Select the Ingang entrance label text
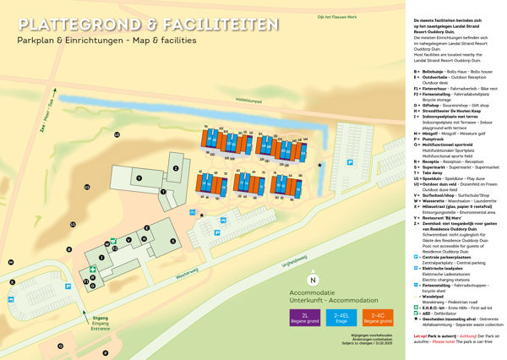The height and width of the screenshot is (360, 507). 100,318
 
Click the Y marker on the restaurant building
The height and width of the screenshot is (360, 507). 138,177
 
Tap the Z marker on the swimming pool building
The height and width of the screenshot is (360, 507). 176,167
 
